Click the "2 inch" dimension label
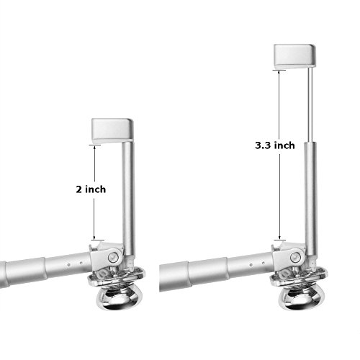(91, 189)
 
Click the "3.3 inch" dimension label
(275, 145)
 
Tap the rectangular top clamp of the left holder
(112, 130)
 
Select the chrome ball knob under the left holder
(117, 297)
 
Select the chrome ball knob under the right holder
(300, 297)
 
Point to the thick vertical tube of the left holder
(128, 199)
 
